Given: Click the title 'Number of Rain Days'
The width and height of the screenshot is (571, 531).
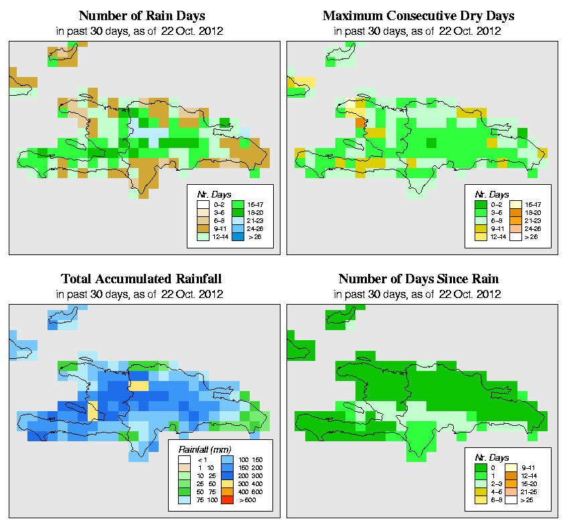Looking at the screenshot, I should tap(141, 15).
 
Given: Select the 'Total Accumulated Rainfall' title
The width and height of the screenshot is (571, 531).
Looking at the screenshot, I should tap(141, 279).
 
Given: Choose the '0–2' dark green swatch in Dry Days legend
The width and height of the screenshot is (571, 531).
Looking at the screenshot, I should tap(479, 203).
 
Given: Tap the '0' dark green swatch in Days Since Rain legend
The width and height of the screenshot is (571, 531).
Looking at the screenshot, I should tap(479, 467).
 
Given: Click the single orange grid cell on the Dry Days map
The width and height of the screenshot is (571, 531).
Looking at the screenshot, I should tap(360, 123).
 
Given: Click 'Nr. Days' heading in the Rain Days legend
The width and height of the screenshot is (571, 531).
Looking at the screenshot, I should tap(208, 194).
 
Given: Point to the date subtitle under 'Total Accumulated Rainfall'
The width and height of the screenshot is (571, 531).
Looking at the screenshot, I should tap(141, 294).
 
